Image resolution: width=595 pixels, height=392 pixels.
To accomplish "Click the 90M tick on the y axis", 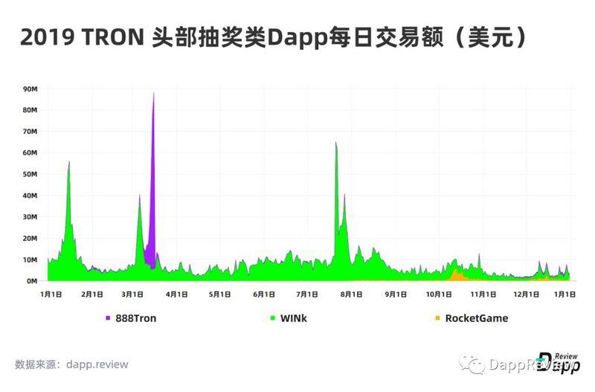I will point(30,89).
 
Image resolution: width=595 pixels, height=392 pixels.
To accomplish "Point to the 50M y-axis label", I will point(30,174).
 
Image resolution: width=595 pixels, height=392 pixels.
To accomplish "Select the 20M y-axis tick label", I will point(30,239).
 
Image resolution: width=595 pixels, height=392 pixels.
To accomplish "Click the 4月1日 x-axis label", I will point(176,295).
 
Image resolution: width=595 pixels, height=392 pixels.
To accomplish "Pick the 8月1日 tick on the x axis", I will point(351,295).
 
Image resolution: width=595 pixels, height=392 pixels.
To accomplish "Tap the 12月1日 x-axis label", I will point(527,295).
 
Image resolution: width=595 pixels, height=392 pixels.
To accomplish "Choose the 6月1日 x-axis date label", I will point(264,295).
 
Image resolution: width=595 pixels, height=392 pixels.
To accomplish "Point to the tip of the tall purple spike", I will point(153,93).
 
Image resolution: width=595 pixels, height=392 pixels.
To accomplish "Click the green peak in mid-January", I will point(69,162).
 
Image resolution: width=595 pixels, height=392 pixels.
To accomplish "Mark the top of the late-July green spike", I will point(336,144).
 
